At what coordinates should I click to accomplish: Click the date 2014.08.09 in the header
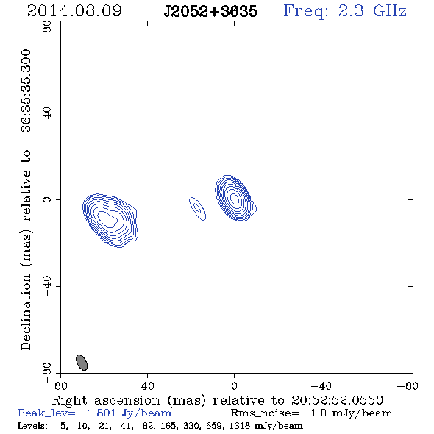[x=74, y=11]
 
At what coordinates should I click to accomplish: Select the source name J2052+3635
[x=210, y=11]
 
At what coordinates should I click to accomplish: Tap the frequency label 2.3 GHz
[x=372, y=11]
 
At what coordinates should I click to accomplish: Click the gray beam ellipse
[x=82, y=363]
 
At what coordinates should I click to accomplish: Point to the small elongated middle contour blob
[x=197, y=208]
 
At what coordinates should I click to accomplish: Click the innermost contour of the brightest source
[x=235, y=198]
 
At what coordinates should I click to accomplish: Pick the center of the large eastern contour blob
[x=110, y=221]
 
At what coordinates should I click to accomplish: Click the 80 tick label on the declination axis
[x=47, y=26]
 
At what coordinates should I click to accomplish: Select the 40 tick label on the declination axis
[x=47, y=113]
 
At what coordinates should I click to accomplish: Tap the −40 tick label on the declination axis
[x=47, y=286]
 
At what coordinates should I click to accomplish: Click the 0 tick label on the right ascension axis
[x=234, y=385]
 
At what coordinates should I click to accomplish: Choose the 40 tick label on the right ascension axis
[x=147, y=385]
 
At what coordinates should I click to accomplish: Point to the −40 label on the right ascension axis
[x=321, y=385]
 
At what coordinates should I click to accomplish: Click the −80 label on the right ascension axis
[x=408, y=385]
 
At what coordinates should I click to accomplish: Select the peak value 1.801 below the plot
[x=102, y=413]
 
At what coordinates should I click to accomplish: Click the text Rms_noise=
[x=265, y=413]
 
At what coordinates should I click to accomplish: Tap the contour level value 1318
[x=239, y=425]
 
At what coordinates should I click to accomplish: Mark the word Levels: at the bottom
[x=32, y=425]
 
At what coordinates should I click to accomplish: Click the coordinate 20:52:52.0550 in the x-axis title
[x=337, y=400]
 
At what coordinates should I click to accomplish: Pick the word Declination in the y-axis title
[x=26, y=312]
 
